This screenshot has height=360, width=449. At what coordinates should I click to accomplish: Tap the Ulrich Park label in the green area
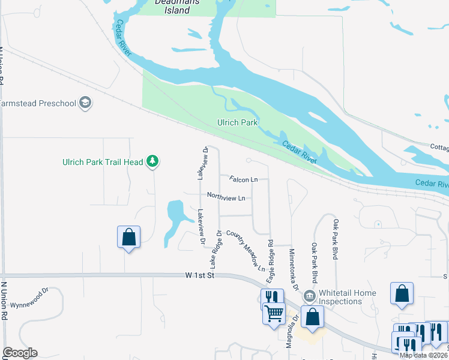pyautogui.click(x=237, y=122)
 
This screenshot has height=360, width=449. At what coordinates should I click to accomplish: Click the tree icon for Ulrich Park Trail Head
pyautogui.click(x=153, y=161)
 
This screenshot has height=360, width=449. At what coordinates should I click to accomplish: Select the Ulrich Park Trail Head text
pyautogui.click(x=103, y=162)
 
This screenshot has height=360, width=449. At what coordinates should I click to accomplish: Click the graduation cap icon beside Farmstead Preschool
pyautogui.click(x=85, y=103)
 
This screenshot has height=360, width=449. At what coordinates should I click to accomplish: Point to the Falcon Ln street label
pyautogui.click(x=243, y=179)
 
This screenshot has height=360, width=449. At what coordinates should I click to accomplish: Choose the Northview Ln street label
pyautogui.click(x=226, y=196)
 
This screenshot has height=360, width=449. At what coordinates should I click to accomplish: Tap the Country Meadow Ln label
pyautogui.click(x=246, y=250)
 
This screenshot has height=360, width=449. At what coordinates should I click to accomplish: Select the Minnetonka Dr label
pyautogui.click(x=293, y=268)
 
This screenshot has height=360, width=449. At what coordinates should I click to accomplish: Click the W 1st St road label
pyautogui.click(x=200, y=275)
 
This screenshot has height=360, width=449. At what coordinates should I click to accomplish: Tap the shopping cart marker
pyautogui.click(x=274, y=313)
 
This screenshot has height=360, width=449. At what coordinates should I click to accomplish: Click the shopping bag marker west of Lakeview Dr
pyautogui.click(x=128, y=236)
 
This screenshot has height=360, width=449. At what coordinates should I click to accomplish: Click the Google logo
pyautogui.click(x=20, y=353)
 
